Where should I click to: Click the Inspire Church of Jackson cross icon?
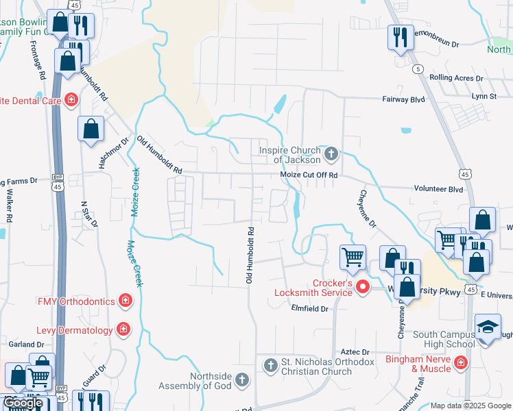pos(331,153)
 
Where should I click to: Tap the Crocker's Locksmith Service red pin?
pos(363,286)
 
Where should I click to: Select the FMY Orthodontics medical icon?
pos(125,300)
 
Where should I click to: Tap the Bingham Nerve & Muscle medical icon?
pos(462,362)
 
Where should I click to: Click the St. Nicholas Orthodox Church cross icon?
pos(270,364)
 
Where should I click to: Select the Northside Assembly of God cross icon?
pos(241,379)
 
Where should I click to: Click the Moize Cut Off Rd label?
pos(309,175)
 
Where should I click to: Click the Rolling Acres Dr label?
pos(456,78)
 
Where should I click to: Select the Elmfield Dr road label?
pos(311,309)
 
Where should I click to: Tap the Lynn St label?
pos(484,96)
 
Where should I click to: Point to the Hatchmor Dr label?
pos(115,154)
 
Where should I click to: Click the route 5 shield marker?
pos(417,69)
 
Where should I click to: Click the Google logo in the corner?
pos(23,403)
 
